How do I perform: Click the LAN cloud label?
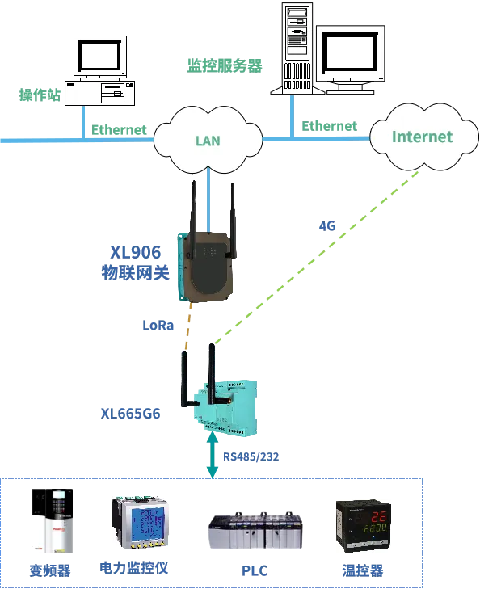coord(208,141)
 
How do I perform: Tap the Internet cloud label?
coord(422,137)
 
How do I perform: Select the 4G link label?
coord(326,225)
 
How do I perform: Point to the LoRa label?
coord(158,325)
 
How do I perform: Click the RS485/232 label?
coord(251,456)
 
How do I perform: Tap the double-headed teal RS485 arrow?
coord(213,455)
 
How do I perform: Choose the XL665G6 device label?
coord(130,414)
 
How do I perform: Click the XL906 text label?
coord(135,252)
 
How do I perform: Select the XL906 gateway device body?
coord(205,266)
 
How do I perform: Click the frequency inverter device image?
coord(53,520)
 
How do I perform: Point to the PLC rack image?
coord(255,531)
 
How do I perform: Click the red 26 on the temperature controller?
coord(378,516)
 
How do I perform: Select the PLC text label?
coord(255,570)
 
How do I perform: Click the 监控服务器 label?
coord(225,66)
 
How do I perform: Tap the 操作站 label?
coord(40,95)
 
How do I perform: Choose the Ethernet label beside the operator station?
coord(119,130)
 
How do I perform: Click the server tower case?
coord(297,48)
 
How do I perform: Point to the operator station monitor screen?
coord(100,56)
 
